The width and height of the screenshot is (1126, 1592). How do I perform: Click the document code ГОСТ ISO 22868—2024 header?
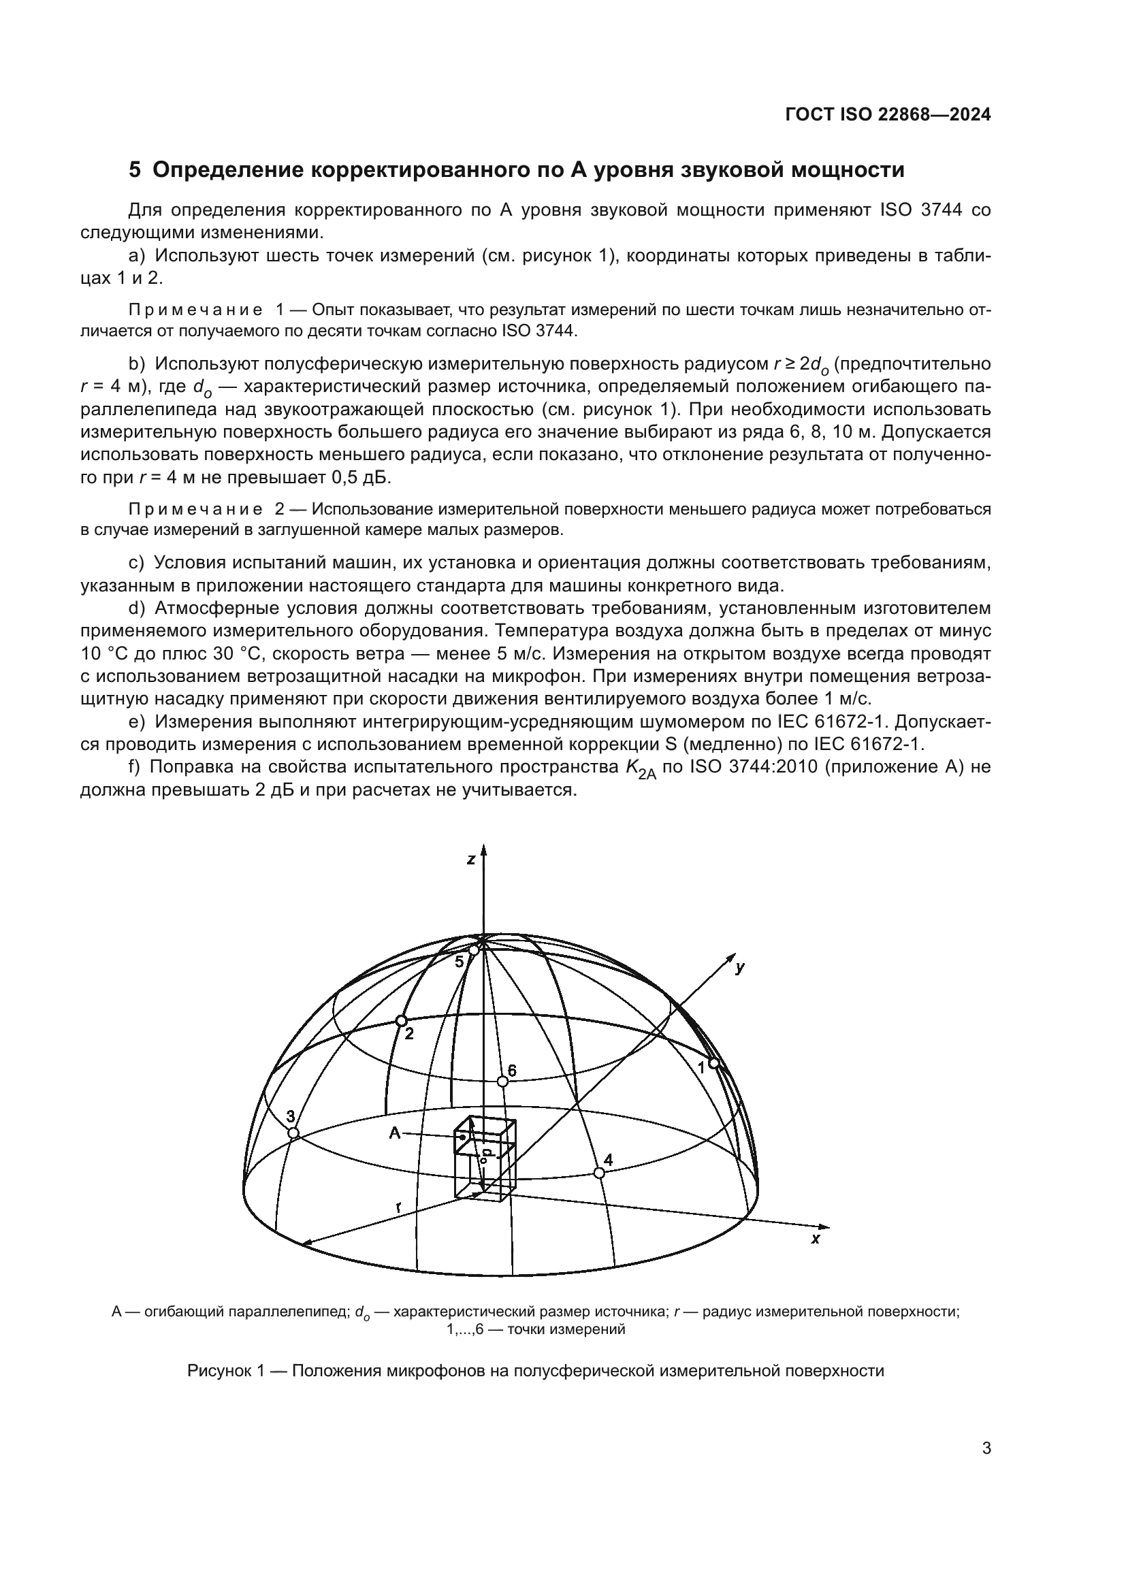[x=888, y=115]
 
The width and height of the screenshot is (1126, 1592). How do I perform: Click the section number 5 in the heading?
[x=135, y=170]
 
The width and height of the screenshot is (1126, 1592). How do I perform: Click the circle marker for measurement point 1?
[x=713, y=1063]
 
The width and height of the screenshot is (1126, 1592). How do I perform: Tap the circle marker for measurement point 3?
[x=293, y=1133]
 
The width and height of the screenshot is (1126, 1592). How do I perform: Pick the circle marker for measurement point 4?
[x=600, y=1173]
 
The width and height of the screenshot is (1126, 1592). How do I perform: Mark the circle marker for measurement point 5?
[x=474, y=950]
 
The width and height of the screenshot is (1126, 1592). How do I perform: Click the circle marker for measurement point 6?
[x=503, y=1082]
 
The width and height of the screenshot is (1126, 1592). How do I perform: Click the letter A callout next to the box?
[x=395, y=1133]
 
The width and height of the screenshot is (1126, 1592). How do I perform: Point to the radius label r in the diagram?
[x=399, y=1207]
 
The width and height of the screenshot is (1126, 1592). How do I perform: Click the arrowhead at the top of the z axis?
[x=484, y=849]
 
